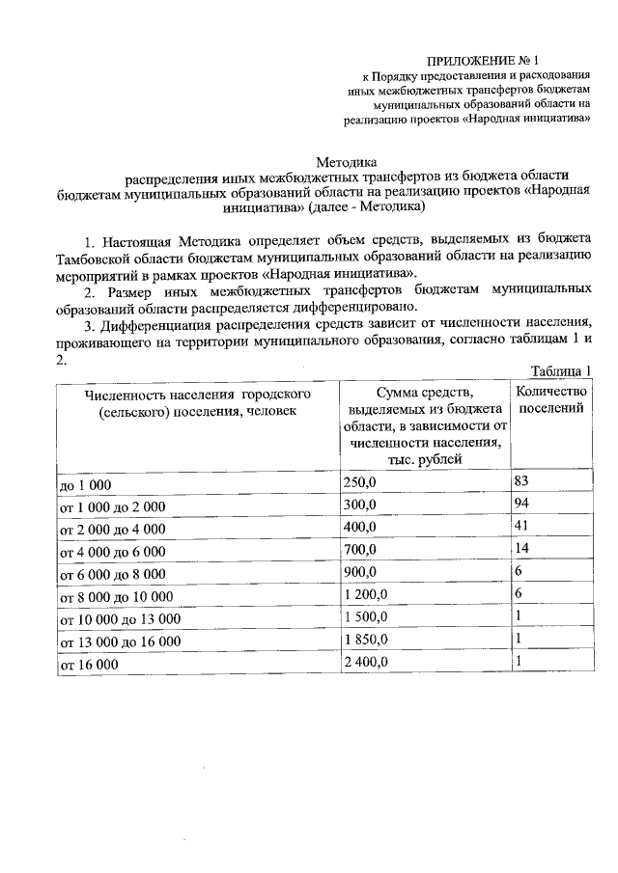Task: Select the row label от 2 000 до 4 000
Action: [x=113, y=530]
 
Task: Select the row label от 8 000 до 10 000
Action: [x=117, y=597]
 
